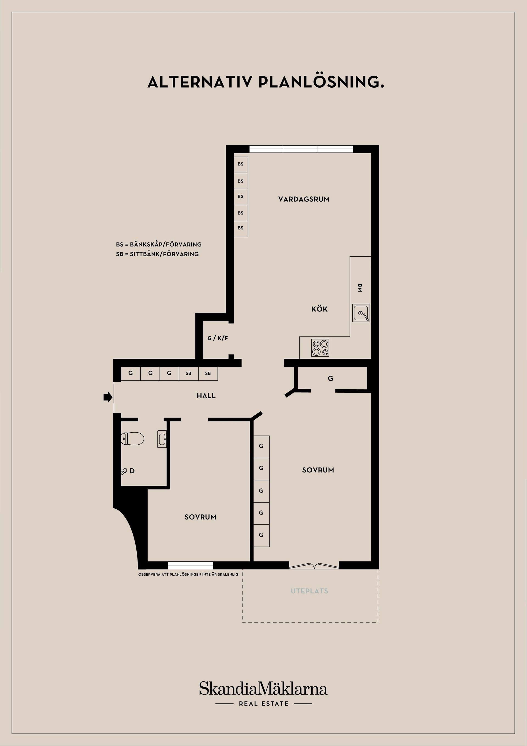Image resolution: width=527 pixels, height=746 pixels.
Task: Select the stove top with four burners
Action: coord(320,348)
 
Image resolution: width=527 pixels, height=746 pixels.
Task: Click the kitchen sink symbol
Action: coord(361,313)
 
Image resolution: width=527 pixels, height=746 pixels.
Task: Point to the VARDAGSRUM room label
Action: coord(304,199)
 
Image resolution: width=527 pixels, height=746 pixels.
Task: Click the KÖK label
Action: coord(319,309)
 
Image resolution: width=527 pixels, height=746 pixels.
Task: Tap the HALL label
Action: coord(206,396)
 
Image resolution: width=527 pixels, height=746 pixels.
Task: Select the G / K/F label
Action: coord(218,338)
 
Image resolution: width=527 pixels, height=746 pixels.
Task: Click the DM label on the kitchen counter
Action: coord(360,288)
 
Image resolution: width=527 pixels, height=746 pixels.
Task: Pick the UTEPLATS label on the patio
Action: coord(309,591)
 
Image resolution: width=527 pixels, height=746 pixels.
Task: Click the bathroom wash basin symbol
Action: coord(162,439)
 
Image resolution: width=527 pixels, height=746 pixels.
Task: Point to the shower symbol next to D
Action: coord(124,471)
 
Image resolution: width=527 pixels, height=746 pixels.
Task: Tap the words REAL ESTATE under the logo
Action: coord(264,704)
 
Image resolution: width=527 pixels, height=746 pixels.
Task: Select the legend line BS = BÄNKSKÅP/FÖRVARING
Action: coord(159,244)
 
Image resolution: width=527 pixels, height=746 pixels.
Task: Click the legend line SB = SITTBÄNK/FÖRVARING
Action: coord(157,254)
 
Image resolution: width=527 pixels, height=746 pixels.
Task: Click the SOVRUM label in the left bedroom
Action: coord(200,517)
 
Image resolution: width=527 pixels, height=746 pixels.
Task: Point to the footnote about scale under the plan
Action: coord(188,574)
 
